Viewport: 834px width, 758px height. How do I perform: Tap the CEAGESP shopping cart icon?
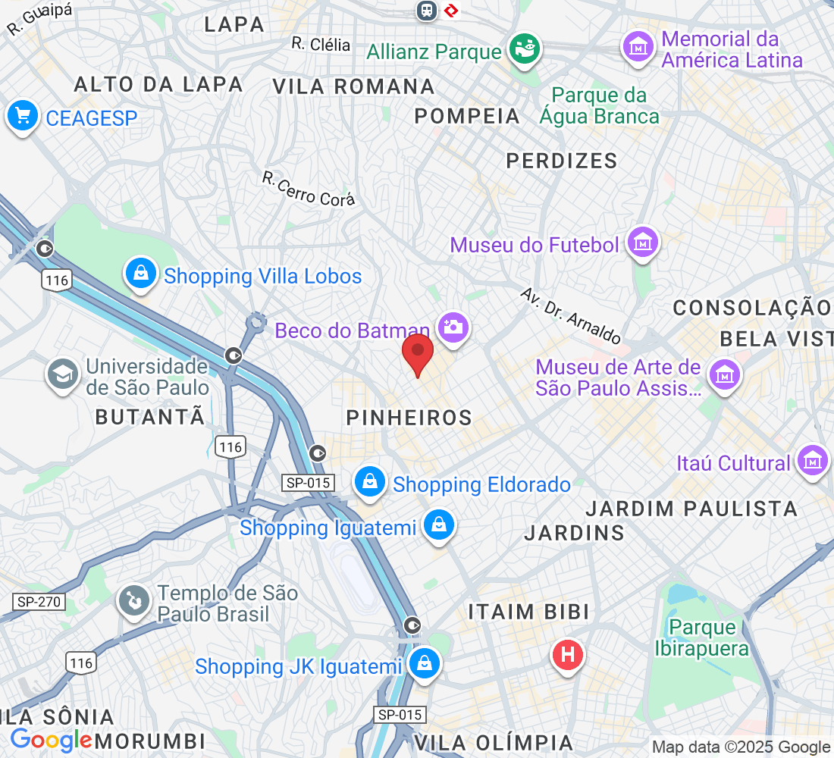tap(23, 116)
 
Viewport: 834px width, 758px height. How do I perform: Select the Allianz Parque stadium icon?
tap(524, 50)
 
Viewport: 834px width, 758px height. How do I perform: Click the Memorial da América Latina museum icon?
tap(638, 48)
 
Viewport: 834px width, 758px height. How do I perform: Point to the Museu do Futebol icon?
tap(644, 244)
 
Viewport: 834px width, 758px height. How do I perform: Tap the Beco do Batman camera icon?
tap(453, 327)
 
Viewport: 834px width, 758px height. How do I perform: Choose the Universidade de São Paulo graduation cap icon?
tap(63, 374)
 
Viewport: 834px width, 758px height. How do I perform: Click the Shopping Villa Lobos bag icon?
tap(141, 274)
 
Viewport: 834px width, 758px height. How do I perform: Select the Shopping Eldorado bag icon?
tap(369, 483)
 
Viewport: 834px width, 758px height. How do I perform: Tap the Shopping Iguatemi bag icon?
tap(437, 525)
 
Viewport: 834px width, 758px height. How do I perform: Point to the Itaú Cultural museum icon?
tap(814, 461)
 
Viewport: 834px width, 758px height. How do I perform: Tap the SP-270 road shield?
tap(39, 603)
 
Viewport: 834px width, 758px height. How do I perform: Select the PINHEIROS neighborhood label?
tap(409, 417)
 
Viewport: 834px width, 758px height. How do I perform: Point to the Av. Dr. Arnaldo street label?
tap(571, 315)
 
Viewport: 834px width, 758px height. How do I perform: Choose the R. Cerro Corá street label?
tap(308, 189)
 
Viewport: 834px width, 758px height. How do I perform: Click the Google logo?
tap(51, 740)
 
